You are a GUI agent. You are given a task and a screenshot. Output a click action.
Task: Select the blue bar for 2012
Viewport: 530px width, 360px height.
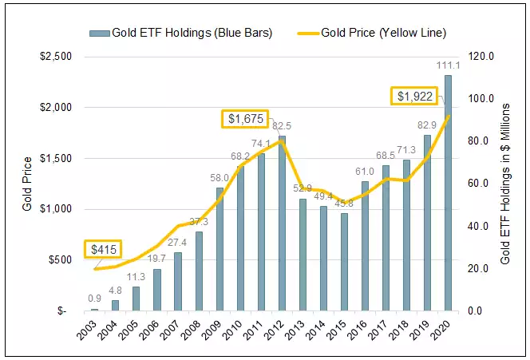[x=282, y=224]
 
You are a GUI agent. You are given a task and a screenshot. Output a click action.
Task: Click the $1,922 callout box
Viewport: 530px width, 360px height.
[x=417, y=96]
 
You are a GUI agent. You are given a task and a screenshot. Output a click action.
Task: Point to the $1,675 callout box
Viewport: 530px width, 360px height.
[x=245, y=119]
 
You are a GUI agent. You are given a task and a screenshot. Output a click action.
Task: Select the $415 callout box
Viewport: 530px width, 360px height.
[x=106, y=249]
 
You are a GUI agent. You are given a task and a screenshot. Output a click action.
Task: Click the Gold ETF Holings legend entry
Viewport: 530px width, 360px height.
[x=180, y=33]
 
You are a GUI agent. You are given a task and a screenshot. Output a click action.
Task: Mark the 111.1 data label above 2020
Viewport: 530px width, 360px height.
[x=449, y=65]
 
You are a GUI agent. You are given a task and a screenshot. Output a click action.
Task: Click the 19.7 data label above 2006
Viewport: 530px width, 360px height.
[x=156, y=258]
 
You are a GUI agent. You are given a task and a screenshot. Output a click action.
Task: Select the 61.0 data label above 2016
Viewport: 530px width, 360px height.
[x=365, y=172]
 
